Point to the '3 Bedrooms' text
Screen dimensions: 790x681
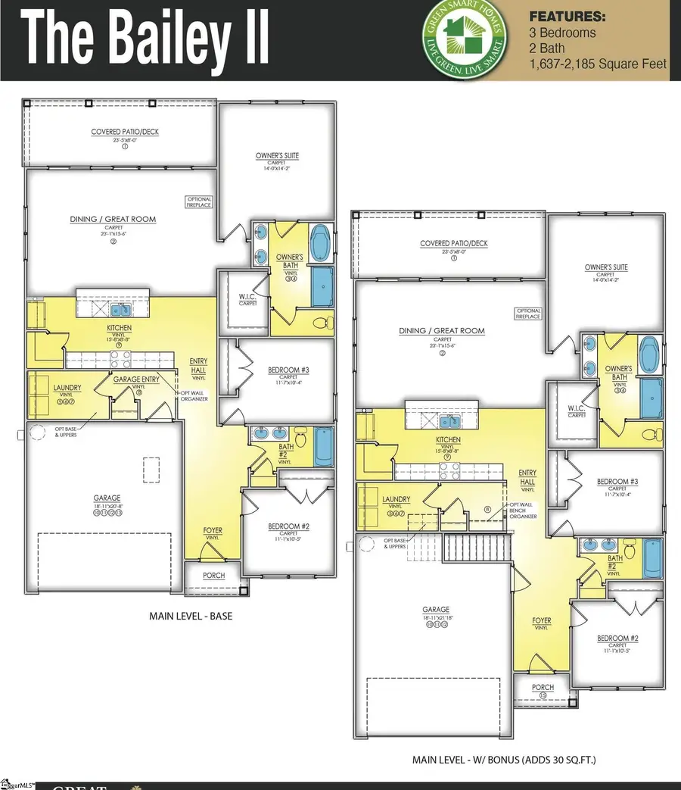pyautogui.click(x=562, y=33)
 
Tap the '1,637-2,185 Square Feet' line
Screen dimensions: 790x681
pyautogui.click(x=598, y=64)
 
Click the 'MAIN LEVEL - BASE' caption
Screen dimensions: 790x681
pyautogui.click(x=191, y=616)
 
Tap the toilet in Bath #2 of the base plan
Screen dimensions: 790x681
pyautogui.click(x=301, y=439)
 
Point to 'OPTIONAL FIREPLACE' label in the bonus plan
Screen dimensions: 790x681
pyautogui.click(x=528, y=314)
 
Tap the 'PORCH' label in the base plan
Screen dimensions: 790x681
pyautogui.click(x=214, y=576)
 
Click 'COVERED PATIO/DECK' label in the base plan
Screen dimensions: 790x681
pyautogui.click(x=125, y=132)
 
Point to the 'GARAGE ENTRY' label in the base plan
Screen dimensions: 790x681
pyautogui.click(x=136, y=379)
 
